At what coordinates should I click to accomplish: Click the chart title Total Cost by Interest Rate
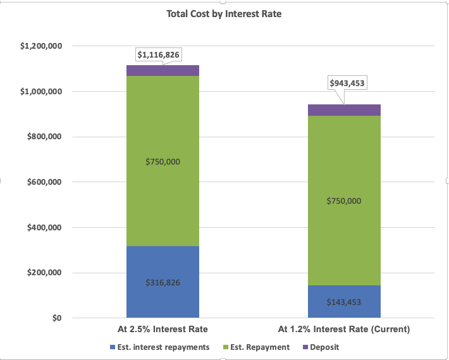(224, 14)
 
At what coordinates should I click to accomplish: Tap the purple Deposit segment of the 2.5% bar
(163, 70)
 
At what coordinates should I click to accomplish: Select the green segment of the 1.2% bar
(344, 158)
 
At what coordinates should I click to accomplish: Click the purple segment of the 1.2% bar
(344, 110)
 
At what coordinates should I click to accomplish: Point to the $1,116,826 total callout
(159, 55)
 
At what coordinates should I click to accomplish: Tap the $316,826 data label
(163, 283)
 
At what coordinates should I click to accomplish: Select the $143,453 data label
(344, 302)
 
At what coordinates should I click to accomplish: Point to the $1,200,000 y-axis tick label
(40, 46)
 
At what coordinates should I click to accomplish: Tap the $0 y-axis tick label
(56, 318)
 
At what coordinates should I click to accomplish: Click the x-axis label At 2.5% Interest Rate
(163, 329)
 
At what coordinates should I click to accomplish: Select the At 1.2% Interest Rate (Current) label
(344, 329)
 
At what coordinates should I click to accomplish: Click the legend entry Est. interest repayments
(159, 347)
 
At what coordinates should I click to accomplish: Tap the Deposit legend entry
(324, 347)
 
